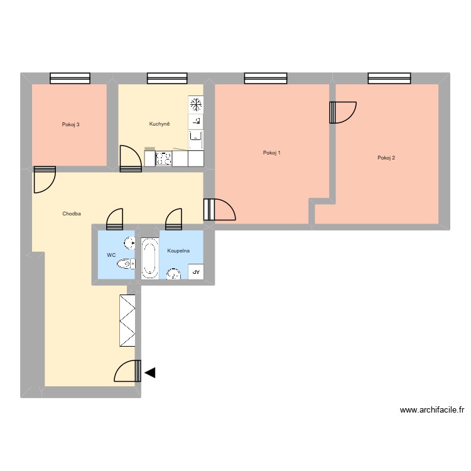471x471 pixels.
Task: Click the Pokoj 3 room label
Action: (70, 124)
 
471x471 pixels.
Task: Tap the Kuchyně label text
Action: (160, 124)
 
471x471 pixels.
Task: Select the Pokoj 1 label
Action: (272, 153)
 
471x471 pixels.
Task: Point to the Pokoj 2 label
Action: (386, 158)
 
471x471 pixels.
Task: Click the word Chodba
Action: (72, 214)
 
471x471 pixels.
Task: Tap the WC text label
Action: (111, 255)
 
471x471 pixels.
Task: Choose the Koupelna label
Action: (178, 251)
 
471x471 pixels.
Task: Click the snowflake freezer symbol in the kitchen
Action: (196, 103)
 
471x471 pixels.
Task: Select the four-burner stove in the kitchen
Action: (164, 159)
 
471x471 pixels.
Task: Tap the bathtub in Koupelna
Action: (149, 257)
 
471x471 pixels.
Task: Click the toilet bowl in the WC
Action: (126, 263)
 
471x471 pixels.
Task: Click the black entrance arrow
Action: (150, 373)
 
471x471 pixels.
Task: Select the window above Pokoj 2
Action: (389, 78)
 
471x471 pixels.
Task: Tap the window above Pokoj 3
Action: (70, 78)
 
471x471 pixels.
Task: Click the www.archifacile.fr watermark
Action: (431, 410)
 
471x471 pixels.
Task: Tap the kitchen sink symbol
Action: (196, 136)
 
